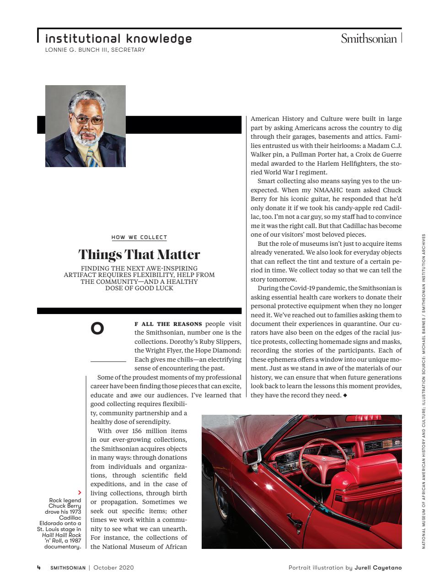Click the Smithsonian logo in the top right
(369, 39)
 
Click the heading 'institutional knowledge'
(118, 38)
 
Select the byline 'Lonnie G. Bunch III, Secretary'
(95, 49)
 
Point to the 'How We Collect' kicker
(139, 237)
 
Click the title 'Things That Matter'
(139, 254)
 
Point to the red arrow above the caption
(80, 493)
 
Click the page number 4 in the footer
(39, 568)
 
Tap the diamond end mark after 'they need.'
(345, 395)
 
